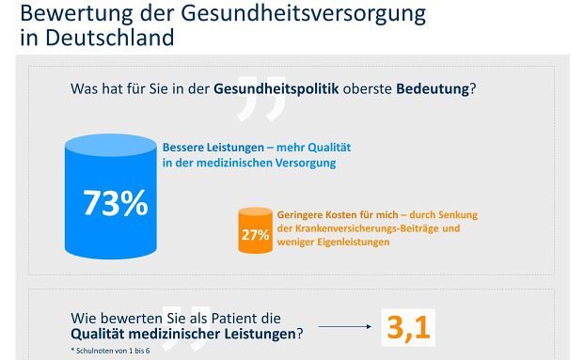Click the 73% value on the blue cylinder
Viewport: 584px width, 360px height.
[x=115, y=203]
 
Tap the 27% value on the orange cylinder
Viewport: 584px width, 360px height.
[x=255, y=234]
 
